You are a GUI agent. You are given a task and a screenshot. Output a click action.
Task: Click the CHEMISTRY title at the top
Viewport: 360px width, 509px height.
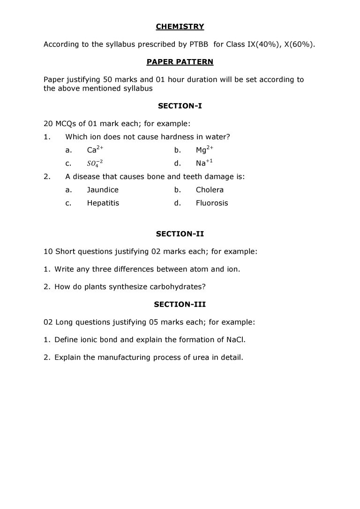pyautogui.click(x=180, y=27)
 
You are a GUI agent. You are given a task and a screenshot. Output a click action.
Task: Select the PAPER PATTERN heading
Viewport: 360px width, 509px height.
pyautogui.click(x=180, y=62)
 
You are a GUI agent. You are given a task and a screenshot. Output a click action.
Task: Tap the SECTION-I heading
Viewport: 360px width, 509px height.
pyautogui.click(x=180, y=106)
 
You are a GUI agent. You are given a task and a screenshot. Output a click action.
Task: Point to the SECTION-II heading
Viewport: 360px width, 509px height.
pyautogui.click(x=180, y=234)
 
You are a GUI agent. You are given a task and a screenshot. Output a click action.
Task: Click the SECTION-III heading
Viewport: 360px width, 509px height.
pyautogui.click(x=180, y=305)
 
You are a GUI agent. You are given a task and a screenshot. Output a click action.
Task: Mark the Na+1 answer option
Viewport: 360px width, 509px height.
pyautogui.click(x=204, y=163)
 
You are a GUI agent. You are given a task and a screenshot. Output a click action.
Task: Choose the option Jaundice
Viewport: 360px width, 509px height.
pyautogui.click(x=103, y=190)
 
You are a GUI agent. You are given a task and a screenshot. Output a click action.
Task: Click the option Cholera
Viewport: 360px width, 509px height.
pyautogui.click(x=210, y=190)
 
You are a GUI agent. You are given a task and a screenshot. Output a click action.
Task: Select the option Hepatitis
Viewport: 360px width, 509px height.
pyautogui.click(x=103, y=203)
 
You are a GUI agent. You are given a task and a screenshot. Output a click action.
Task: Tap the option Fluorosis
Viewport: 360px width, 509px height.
pyautogui.click(x=212, y=203)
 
